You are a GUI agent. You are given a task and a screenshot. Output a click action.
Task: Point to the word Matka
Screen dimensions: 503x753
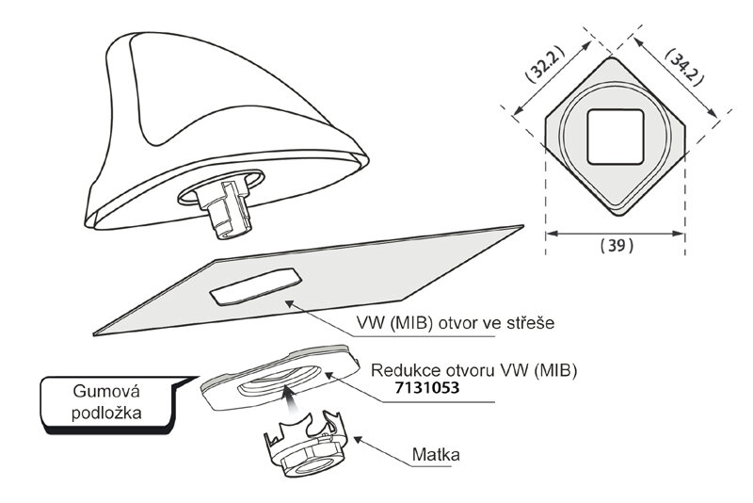pos(436,457)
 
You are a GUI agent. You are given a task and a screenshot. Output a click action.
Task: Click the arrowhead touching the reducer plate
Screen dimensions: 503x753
pos(326,370)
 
